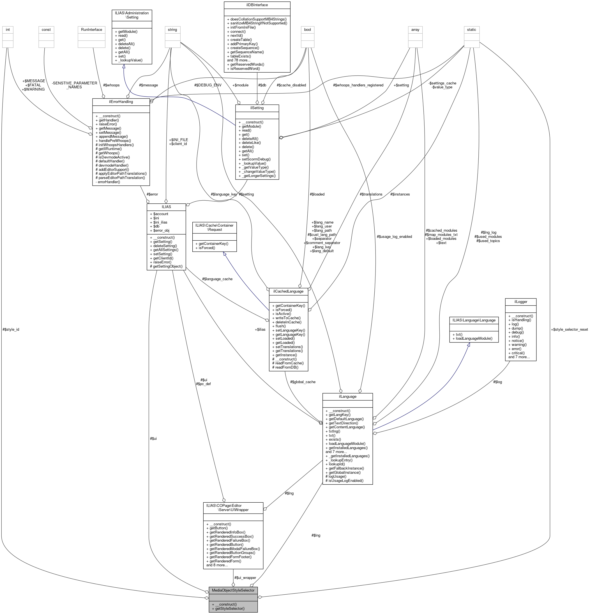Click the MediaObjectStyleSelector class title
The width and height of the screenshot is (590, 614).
(233, 590)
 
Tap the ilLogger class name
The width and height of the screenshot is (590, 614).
(520, 302)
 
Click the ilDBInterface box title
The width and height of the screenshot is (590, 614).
(257, 5)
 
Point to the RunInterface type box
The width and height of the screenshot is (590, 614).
(91, 30)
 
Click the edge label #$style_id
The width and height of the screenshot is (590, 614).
(11, 330)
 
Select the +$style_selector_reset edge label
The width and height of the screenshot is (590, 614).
(569, 330)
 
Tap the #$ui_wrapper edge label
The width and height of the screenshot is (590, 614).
(245, 578)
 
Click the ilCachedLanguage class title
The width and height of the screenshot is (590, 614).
(288, 291)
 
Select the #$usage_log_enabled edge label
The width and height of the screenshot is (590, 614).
(394, 236)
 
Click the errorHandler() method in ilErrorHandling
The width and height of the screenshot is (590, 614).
(108, 182)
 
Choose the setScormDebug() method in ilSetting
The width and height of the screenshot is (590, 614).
(256, 159)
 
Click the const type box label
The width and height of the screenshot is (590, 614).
(46, 30)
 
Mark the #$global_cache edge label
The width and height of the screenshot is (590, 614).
(303, 382)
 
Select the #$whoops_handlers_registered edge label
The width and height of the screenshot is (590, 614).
(358, 85)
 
